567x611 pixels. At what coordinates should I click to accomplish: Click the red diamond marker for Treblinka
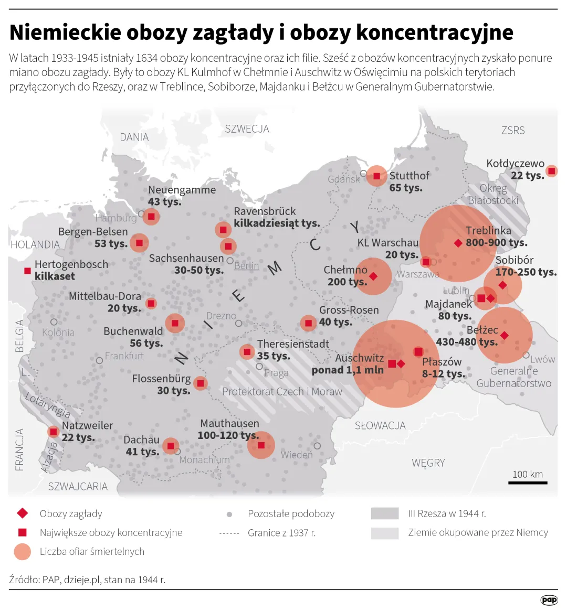(458, 243)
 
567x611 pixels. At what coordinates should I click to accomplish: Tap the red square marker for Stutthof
(376, 176)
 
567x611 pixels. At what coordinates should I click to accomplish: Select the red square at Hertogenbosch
(27, 271)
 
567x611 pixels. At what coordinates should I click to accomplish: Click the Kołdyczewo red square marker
(551, 171)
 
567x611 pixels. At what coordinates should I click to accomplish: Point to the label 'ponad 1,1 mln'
(348, 370)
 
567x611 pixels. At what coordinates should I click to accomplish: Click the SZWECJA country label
(247, 129)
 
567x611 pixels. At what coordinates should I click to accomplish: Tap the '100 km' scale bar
(528, 481)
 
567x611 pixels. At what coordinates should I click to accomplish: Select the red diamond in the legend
(22, 513)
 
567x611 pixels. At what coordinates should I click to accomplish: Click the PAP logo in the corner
(549, 600)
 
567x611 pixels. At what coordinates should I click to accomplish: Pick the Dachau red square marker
(170, 446)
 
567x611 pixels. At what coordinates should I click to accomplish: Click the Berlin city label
(246, 266)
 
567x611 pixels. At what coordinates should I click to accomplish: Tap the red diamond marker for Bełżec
(504, 335)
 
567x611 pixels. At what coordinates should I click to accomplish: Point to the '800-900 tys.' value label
(497, 243)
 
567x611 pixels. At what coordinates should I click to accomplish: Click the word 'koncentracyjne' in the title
(435, 33)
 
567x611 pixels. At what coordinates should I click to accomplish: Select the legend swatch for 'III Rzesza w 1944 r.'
(384, 513)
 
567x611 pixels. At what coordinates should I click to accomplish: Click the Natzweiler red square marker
(53, 432)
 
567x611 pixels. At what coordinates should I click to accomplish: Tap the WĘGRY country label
(428, 463)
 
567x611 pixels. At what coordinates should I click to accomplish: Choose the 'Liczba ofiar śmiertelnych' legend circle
(22, 552)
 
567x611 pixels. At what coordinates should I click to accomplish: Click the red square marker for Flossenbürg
(200, 384)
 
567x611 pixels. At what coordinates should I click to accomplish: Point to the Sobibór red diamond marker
(502, 285)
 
